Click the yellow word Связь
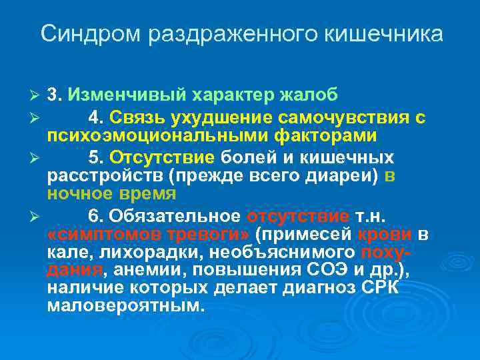[137, 119]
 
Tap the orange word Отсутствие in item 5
[162, 159]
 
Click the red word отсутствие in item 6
[298, 217]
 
